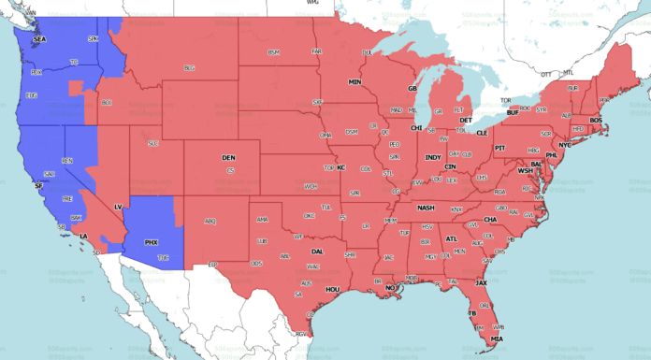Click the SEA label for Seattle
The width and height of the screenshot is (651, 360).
point(39,39)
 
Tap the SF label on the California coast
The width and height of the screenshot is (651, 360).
point(38,187)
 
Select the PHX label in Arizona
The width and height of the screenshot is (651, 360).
point(151,242)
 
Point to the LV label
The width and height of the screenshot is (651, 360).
point(119,205)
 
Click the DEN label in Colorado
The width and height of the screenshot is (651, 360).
point(228,158)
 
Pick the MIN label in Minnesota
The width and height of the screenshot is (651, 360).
point(355,82)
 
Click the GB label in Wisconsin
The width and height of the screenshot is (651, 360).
point(412,89)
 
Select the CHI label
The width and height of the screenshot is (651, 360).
point(417,127)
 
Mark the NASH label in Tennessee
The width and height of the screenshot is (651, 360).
point(427,208)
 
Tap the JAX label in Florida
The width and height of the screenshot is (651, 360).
point(481,281)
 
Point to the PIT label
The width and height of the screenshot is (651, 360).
point(499,148)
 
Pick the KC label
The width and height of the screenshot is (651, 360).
point(341,167)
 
